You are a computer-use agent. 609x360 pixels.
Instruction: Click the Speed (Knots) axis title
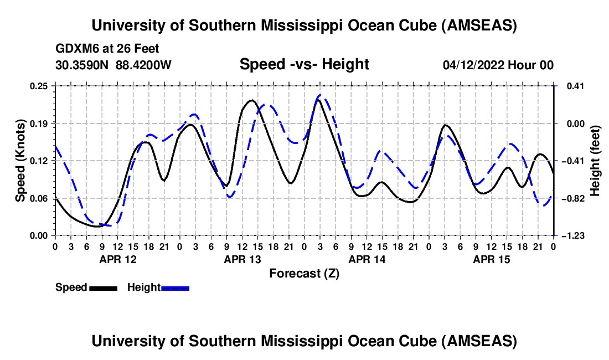(x=20, y=161)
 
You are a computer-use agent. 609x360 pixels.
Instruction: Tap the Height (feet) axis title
(x=595, y=161)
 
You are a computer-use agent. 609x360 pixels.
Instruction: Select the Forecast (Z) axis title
(x=304, y=273)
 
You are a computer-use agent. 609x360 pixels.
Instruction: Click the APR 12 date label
(x=117, y=259)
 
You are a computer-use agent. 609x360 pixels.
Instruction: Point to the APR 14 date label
(x=367, y=259)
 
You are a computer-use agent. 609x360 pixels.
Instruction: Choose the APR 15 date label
(x=492, y=259)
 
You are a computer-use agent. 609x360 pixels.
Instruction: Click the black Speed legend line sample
(x=103, y=287)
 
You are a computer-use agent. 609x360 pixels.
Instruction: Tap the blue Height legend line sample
(x=175, y=287)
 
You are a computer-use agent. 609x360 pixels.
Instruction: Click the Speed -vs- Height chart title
(x=304, y=65)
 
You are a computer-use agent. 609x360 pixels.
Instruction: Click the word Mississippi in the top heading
(x=311, y=25)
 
